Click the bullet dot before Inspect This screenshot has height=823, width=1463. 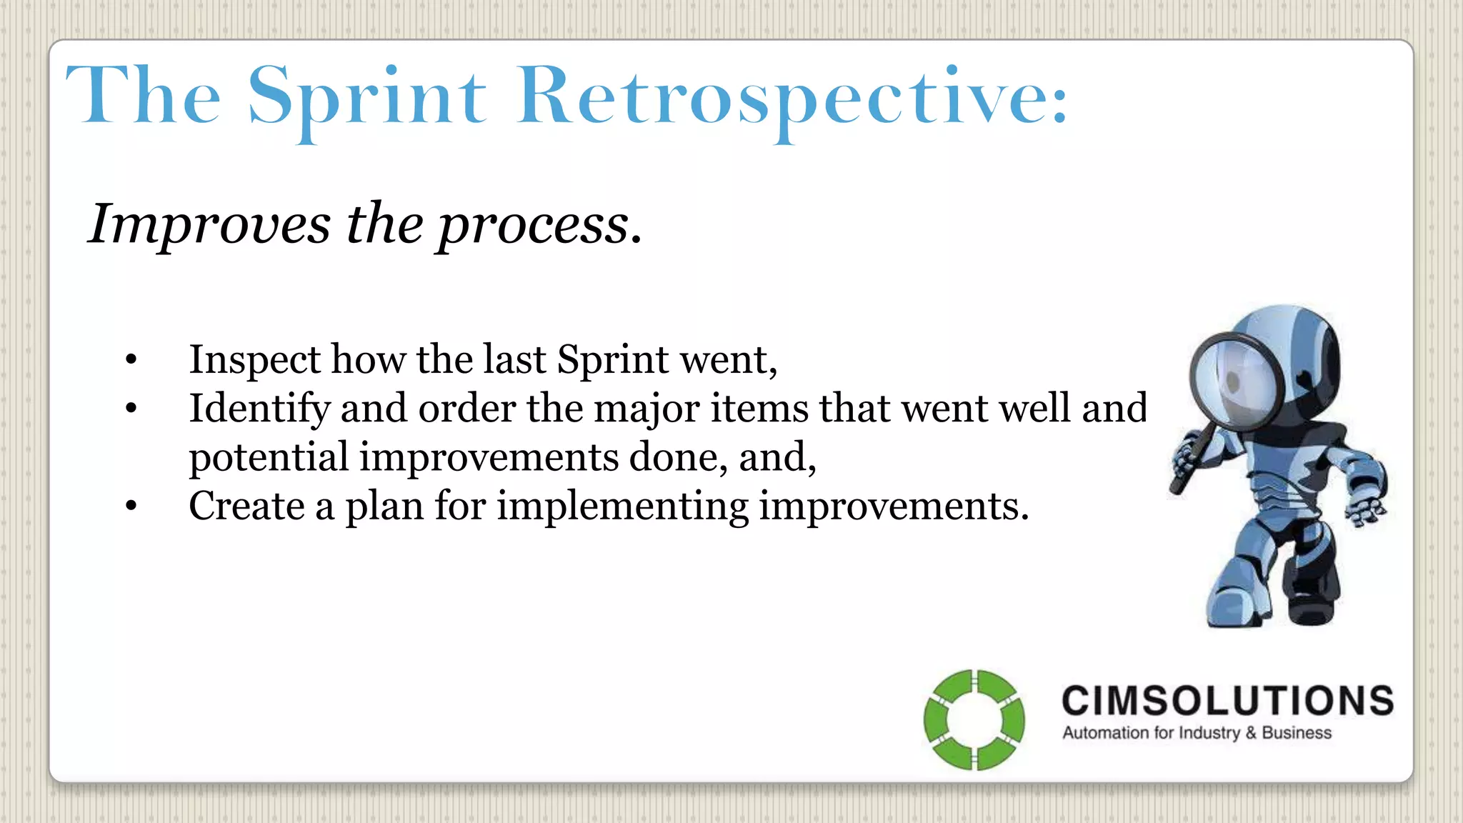point(130,360)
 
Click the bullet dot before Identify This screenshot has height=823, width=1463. point(130,409)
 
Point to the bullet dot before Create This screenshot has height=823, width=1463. point(130,507)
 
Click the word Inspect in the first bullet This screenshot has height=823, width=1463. point(254,360)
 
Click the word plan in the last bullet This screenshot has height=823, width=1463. point(384,507)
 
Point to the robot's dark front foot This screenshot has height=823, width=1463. point(1312,607)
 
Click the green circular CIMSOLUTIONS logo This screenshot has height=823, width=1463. point(974,719)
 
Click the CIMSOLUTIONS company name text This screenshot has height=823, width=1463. point(1227,701)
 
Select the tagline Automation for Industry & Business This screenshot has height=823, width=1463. point(1197,733)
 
